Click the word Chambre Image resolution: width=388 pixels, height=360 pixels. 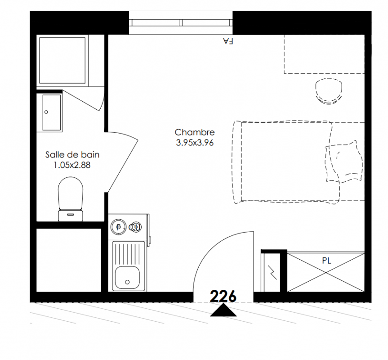coord(195,132)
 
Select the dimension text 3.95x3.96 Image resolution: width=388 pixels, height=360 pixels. coord(195,143)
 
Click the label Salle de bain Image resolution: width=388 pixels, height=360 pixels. coord(72,155)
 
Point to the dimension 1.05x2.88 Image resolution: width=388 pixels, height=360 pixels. coord(72,165)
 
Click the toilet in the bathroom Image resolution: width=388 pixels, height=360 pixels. coord(71,199)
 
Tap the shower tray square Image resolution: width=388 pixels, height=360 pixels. coord(62,61)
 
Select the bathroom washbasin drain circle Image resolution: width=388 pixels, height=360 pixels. coord(46,112)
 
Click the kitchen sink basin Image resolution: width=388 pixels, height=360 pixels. coord(127,278)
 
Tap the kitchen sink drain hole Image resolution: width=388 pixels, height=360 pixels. coord(127,282)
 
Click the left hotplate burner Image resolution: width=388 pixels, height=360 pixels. coord(119,227)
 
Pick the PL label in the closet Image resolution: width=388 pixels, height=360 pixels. coord(326,261)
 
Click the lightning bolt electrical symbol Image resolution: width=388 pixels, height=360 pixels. coord(272,272)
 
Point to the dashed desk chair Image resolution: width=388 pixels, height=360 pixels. coord(329,91)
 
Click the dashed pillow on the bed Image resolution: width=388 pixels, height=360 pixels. coord(344,162)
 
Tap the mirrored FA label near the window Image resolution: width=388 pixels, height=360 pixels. coord(228,41)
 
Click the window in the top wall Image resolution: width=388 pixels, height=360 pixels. coord(181,23)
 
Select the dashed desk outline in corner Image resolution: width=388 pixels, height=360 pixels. coord(324,54)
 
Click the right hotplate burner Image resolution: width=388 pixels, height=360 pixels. coord(135,227)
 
